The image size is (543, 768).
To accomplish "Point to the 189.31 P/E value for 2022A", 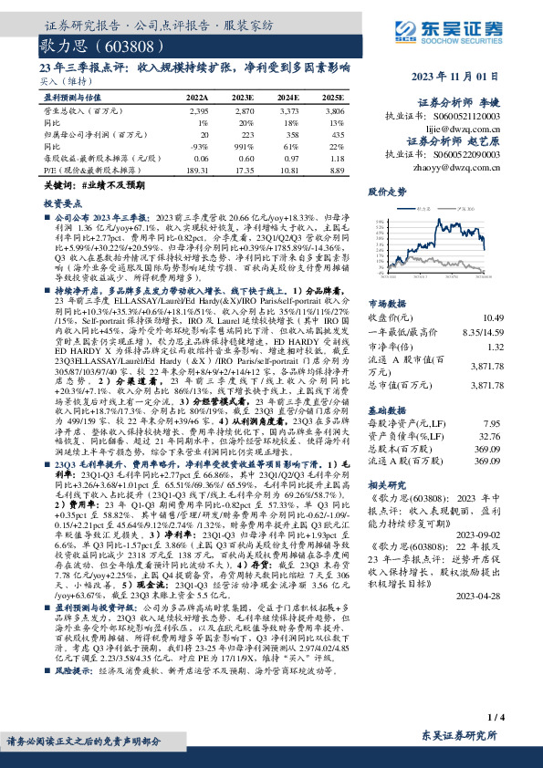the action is [x=197, y=170].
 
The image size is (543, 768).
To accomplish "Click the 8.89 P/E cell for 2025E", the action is [x=334, y=170].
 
